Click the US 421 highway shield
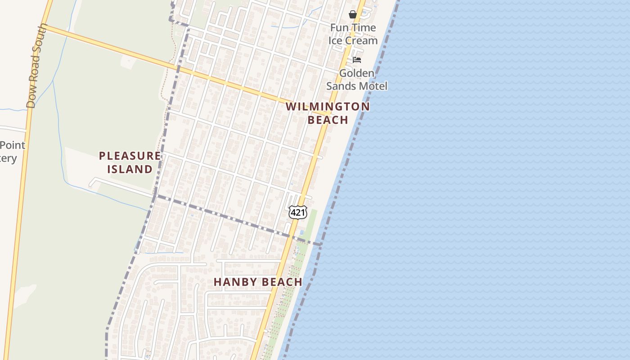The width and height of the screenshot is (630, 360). [297, 212]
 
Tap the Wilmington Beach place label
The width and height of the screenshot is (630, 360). [328, 113]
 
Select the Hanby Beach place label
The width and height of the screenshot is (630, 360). [258, 282]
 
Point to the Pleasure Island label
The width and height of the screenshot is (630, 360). [130, 162]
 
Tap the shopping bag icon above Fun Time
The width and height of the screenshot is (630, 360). [353, 14]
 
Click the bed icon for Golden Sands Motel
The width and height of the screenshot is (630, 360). [357, 60]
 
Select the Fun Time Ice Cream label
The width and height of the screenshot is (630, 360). [353, 34]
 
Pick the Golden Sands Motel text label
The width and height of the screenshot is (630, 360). [357, 79]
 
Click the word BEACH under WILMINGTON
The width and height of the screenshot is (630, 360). [328, 120]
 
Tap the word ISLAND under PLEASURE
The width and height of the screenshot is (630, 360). [130, 169]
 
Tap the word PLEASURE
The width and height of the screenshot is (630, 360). [130, 156]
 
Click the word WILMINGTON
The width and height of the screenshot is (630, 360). [328, 107]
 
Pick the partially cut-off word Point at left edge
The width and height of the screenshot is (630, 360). [12, 145]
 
